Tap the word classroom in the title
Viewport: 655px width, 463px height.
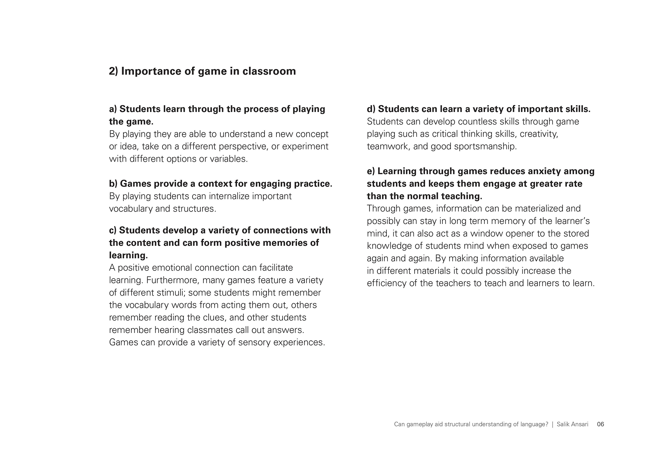[269, 71]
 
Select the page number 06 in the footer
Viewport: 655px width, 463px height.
[601, 424]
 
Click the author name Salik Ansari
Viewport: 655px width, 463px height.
[572, 424]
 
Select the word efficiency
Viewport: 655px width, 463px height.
[387, 283]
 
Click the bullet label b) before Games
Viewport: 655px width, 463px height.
[113, 184]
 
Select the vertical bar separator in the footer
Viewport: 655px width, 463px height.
[552, 424]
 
